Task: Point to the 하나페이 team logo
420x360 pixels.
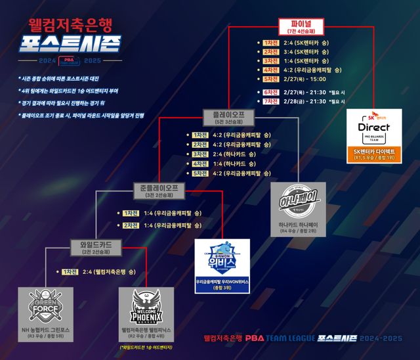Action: click(298, 200)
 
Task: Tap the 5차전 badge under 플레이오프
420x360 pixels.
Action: click(200, 173)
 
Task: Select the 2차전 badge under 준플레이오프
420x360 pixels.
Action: click(131, 225)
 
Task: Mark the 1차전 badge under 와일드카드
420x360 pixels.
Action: click(70, 271)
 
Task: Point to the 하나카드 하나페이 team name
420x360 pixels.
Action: click(298, 225)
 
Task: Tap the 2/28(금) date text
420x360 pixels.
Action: click(293, 102)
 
